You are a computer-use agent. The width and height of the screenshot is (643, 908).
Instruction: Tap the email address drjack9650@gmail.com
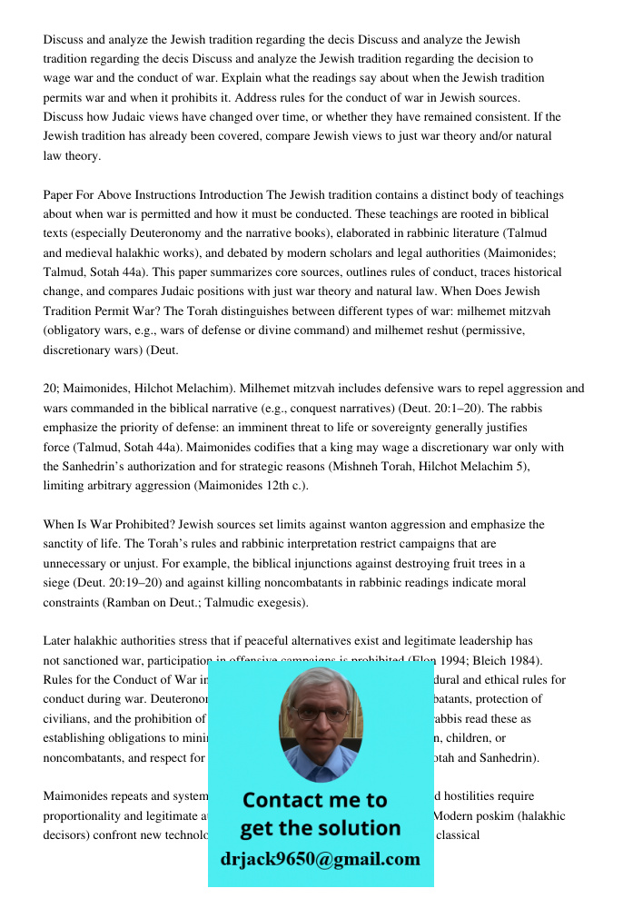pyautogui.click(x=320, y=859)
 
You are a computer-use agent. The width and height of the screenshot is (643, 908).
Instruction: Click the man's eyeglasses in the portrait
pyautogui.click(x=320, y=714)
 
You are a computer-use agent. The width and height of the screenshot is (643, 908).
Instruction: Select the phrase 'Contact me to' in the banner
pyautogui.click(x=314, y=800)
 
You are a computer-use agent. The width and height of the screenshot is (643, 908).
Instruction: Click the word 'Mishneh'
pyautogui.click(x=359, y=466)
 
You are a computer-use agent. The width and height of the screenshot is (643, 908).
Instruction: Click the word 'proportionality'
pyautogui.click(x=84, y=815)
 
